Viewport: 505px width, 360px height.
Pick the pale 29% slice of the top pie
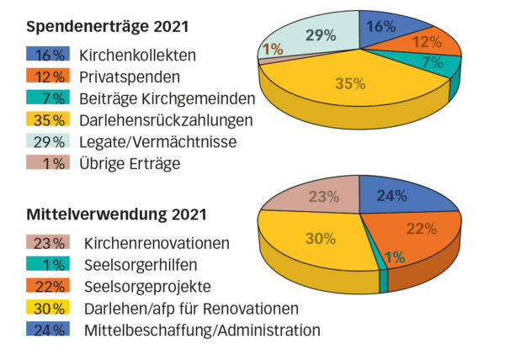tap(316, 35)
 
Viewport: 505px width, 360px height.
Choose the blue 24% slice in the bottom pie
tap(396, 197)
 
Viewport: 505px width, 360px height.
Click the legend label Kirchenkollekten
tap(137, 56)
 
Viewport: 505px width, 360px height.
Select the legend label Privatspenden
tap(130, 77)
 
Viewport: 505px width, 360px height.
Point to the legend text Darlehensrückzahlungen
tap(166, 120)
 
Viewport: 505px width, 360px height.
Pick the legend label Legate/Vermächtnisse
tap(158, 142)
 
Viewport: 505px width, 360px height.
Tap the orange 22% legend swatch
tap(48, 286)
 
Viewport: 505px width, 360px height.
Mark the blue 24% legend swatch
tap(48, 330)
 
